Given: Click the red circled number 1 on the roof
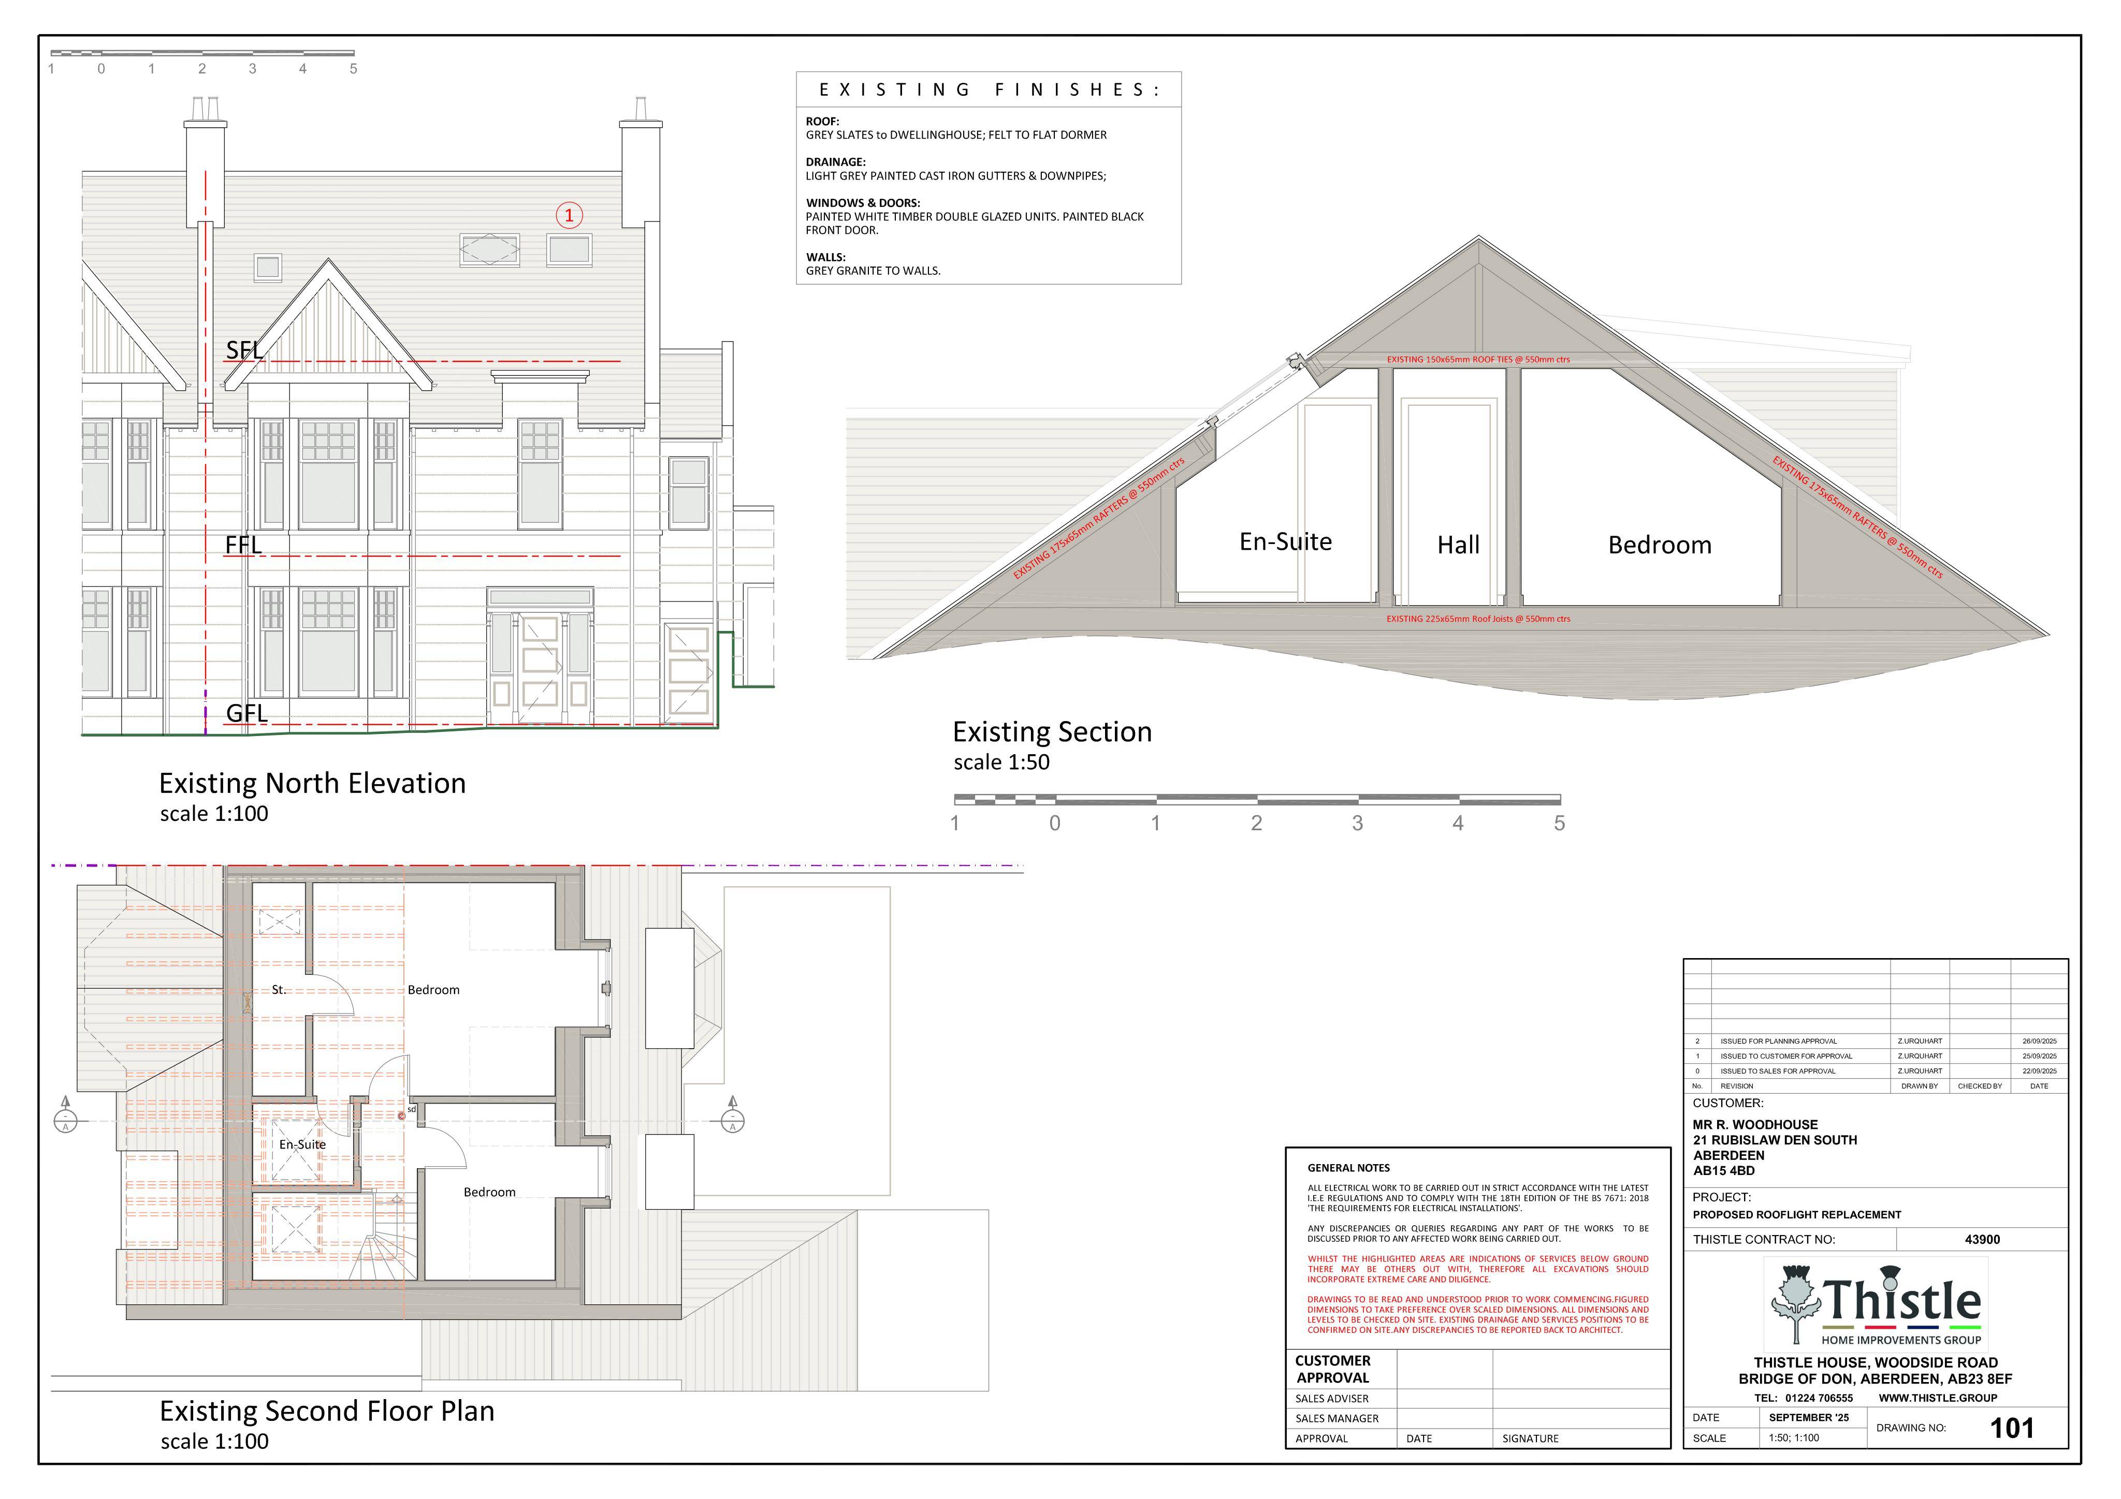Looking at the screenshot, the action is pyautogui.click(x=569, y=215).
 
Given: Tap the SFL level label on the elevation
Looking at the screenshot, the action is pyautogui.click(x=245, y=350).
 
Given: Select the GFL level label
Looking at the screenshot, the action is pyautogui.click(x=246, y=713).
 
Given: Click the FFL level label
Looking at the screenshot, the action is pyautogui.click(x=244, y=545).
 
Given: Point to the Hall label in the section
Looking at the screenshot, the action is pyautogui.click(x=1459, y=545).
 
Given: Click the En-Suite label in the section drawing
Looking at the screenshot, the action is pyautogui.click(x=1285, y=541).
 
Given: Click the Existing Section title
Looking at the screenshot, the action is pyautogui.click(x=1052, y=731).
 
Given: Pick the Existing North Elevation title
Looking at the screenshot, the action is pyautogui.click(x=312, y=783).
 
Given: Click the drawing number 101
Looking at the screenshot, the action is pyautogui.click(x=2012, y=1429).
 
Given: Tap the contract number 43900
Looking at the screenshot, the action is pyautogui.click(x=1982, y=1240).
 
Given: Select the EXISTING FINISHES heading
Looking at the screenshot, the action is pyautogui.click(x=989, y=90).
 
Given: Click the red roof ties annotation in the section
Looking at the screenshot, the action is pyautogui.click(x=1478, y=359).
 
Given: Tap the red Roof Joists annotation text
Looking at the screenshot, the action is pyautogui.click(x=1478, y=619).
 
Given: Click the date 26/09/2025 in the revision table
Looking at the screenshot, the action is pyautogui.click(x=2040, y=1041).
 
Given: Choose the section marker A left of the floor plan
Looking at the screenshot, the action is pyautogui.click(x=66, y=1115).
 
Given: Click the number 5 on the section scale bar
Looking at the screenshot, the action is pyautogui.click(x=1559, y=823).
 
